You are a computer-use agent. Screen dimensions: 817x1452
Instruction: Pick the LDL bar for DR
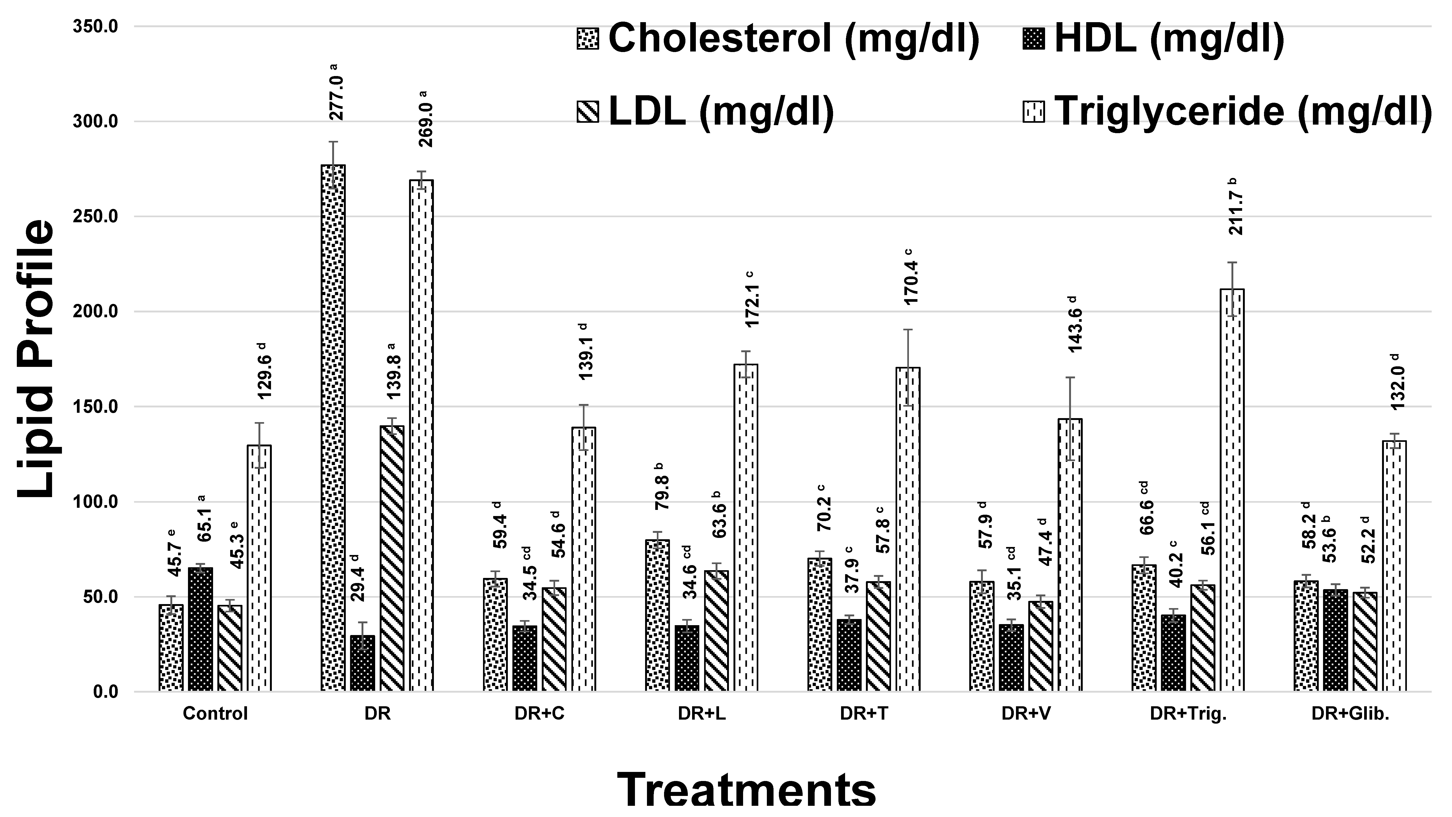[392, 558]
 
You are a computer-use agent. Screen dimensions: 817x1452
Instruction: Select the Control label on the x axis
[215, 714]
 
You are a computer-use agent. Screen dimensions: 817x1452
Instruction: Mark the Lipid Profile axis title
[35, 359]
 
